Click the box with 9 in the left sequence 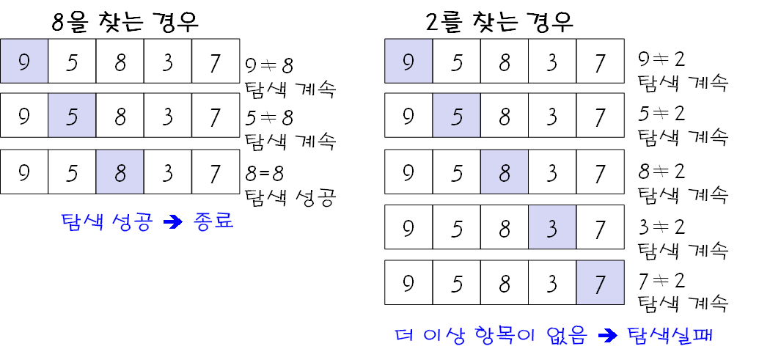(24, 62)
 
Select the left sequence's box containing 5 (72, 116)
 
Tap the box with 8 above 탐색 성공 (120, 172)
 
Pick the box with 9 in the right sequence (408, 62)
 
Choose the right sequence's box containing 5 (456, 116)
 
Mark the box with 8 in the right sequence (505, 172)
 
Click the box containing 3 (552, 227)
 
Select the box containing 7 (600, 282)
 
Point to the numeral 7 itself (600, 284)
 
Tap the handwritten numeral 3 (552, 229)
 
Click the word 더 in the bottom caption (404, 336)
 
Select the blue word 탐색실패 (670, 336)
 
